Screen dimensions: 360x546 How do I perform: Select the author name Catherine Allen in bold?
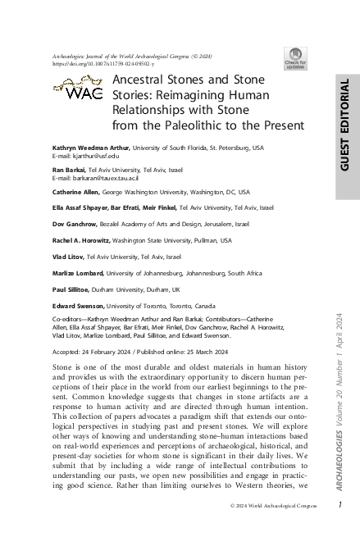tap(76, 193)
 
